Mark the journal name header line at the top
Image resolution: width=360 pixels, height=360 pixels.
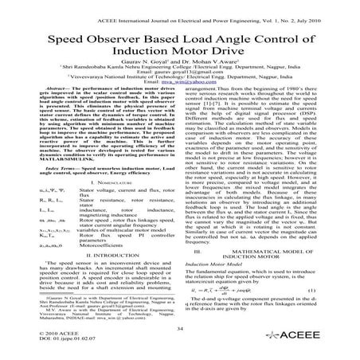(179, 6)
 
